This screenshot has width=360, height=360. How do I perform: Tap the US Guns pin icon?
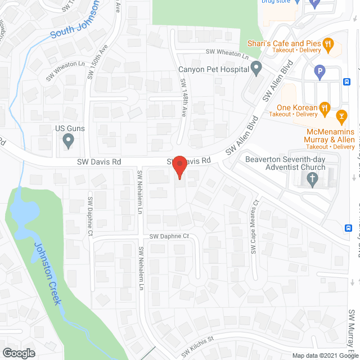69,139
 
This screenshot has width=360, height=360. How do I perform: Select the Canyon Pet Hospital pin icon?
256,70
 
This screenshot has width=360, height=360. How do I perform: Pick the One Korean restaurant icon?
323,107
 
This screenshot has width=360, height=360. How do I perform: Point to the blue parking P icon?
319,72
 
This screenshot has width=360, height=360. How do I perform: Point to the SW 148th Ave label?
183,98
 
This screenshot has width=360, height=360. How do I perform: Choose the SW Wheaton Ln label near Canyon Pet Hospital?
227,54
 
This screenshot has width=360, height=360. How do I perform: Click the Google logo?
18,353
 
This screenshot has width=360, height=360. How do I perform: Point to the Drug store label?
276,2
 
